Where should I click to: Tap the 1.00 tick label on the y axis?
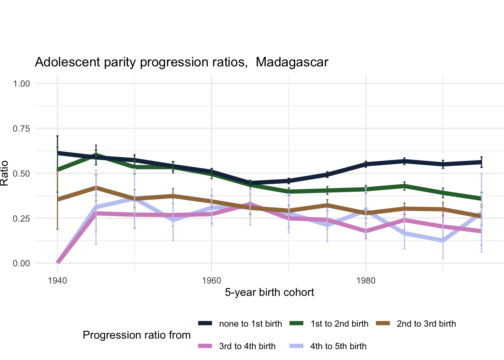click(21, 84)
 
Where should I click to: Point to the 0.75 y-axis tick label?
click(21, 129)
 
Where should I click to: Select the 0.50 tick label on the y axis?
click(21, 174)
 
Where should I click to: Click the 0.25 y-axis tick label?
click(21, 219)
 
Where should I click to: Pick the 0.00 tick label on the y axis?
click(21, 264)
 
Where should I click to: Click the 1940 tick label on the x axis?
click(57, 281)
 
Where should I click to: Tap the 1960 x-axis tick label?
click(211, 281)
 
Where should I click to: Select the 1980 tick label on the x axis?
click(366, 281)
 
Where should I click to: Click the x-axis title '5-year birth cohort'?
click(269, 292)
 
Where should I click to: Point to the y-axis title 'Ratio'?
click(4, 173)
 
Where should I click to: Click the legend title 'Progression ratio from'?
click(136, 335)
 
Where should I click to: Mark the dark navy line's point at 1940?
click(57, 153)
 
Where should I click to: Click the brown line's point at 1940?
click(57, 199)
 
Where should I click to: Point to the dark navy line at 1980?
click(366, 164)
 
